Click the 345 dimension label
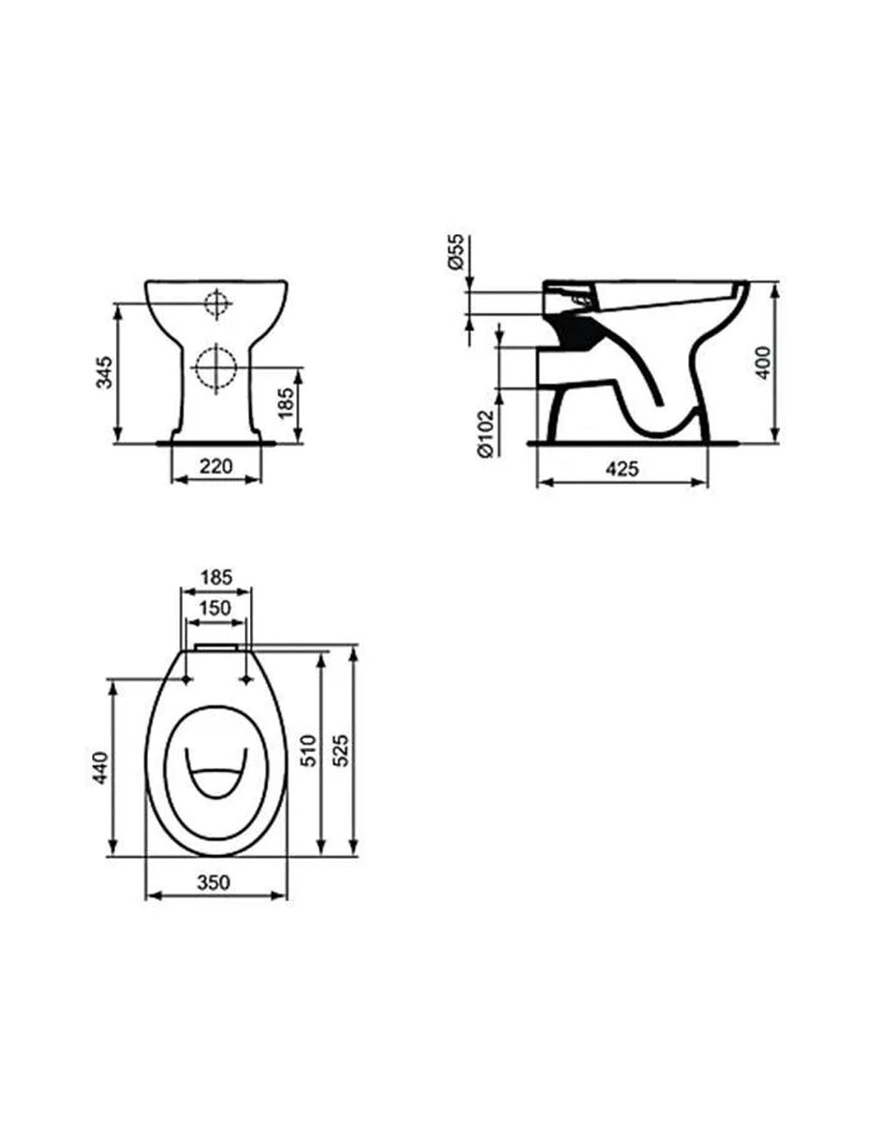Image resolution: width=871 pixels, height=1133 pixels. coord(105,372)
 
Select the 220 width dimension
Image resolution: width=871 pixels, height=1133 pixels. coord(216,466)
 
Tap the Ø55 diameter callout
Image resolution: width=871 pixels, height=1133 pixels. coord(456,252)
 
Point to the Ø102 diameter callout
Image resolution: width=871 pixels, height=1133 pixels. coord(485,434)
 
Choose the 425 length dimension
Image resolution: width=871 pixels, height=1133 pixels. coord(622,469)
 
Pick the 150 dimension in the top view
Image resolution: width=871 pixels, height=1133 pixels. coord(215,607)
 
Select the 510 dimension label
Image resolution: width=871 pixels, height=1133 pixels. coord(309,750)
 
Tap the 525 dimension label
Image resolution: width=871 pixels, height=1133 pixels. coord(341,750)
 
